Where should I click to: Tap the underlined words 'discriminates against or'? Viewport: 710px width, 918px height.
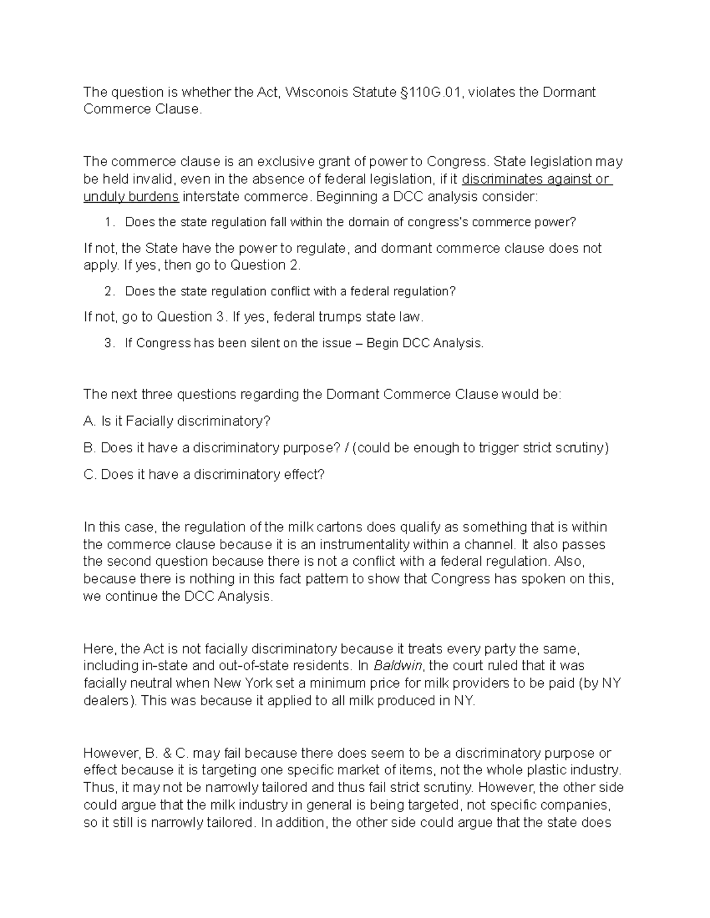pyautogui.click(x=536, y=179)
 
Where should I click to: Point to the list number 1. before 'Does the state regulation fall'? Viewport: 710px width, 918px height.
pyautogui.click(x=108, y=222)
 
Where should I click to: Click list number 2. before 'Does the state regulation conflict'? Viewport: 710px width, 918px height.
pyautogui.click(x=108, y=291)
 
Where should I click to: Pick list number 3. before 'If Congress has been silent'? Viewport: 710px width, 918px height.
pyautogui.click(x=108, y=343)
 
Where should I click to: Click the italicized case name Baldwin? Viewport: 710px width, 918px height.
pyautogui.click(x=398, y=666)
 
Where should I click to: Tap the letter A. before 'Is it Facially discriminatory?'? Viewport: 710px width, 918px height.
pyautogui.click(x=89, y=421)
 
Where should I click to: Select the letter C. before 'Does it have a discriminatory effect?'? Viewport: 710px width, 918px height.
pyautogui.click(x=90, y=475)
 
